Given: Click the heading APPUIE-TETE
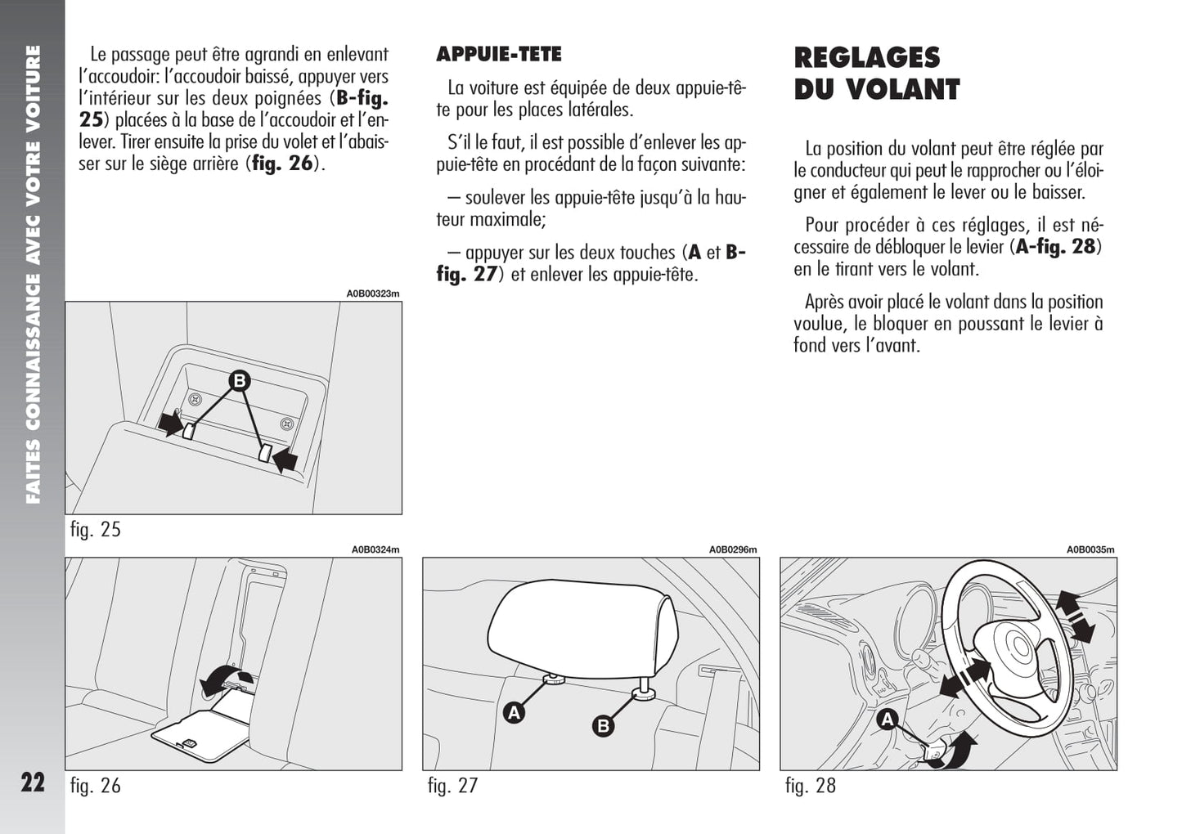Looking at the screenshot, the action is (x=499, y=54).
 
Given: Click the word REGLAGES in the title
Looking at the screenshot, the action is (x=867, y=57).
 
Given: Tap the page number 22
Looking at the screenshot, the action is (x=33, y=782).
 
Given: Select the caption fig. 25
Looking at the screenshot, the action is (x=96, y=529).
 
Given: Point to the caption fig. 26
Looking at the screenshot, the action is (x=96, y=786).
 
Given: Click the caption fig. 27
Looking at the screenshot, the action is (x=452, y=786).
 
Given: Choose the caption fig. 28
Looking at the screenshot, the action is (x=811, y=786).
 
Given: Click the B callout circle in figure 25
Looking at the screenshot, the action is (x=240, y=380).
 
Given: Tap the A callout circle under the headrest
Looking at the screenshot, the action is (x=514, y=713).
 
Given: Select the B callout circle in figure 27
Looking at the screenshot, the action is (x=603, y=726).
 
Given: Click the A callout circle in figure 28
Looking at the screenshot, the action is (x=888, y=720).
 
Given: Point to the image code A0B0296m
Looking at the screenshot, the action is (x=732, y=549).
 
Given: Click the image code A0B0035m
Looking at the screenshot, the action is (x=1090, y=549).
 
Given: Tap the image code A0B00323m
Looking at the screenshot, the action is (x=372, y=294).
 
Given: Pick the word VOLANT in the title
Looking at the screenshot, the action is (x=903, y=90).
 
